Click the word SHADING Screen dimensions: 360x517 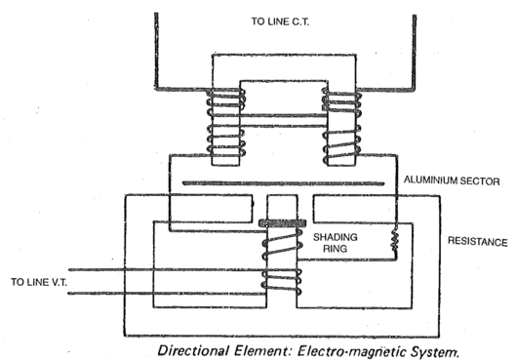click(334, 236)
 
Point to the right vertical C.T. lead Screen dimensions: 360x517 click(414, 49)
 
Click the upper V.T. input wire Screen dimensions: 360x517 click(146, 271)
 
